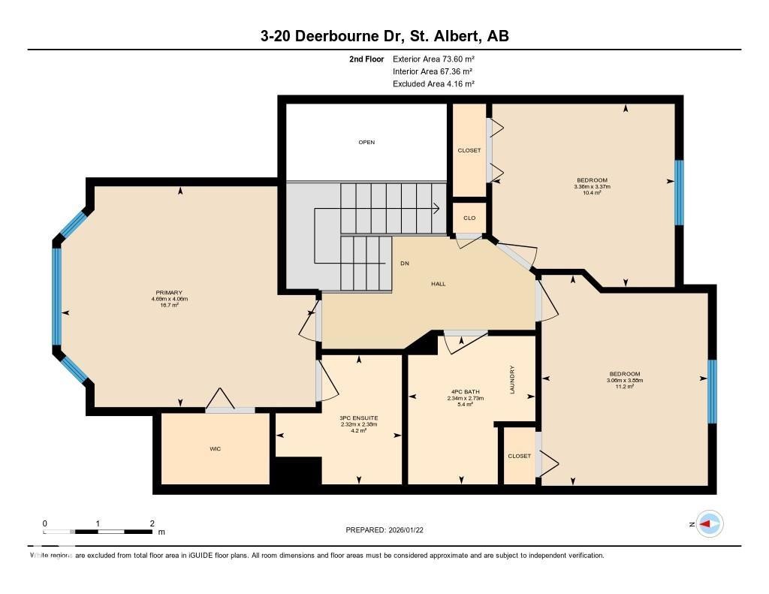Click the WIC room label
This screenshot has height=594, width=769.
[x=215, y=449]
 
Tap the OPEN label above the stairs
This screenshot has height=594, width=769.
[x=366, y=142]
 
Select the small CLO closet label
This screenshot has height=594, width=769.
[x=469, y=219]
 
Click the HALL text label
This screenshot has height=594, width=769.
[x=439, y=284]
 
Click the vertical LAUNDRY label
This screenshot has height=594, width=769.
[x=512, y=380]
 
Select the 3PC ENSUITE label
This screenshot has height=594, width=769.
[x=358, y=418]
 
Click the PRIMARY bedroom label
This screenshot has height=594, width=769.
[x=169, y=293]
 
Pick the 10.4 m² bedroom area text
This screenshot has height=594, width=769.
[x=592, y=193]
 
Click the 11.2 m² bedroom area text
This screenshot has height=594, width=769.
[x=624, y=387]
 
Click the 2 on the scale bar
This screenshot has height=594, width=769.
[x=152, y=523]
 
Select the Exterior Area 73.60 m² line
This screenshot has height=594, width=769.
[x=433, y=59]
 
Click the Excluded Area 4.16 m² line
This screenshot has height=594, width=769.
[x=433, y=84]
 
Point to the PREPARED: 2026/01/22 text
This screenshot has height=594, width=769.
[x=389, y=530]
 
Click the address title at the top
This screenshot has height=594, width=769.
[x=384, y=36]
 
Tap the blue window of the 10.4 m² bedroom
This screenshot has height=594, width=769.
[x=679, y=192]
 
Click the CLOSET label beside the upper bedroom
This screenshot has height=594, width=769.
[x=469, y=150]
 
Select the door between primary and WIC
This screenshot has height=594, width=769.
[x=231, y=410]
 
